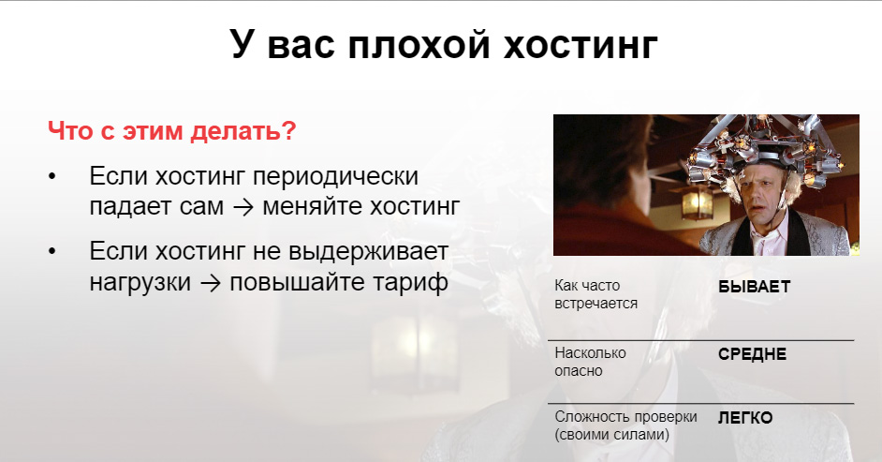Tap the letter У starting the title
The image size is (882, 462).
click(x=241, y=45)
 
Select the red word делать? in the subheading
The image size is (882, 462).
click(x=243, y=131)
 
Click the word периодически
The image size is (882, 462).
click(x=335, y=178)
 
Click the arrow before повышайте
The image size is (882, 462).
click(x=211, y=282)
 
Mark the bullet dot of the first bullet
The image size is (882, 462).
click(x=52, y=176)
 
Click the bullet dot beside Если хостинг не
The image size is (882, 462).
click(x=52, y=251)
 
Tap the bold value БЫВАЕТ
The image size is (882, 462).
click(x=754, y=287)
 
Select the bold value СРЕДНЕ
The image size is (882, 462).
click(x=752, y=354)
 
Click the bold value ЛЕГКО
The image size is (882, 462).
click(x=745, y=418)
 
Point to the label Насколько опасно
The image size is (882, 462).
click(x=590, y=362)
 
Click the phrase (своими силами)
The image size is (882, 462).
click(x=612, y=435)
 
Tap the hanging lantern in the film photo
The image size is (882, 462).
click(x=697, y=201)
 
